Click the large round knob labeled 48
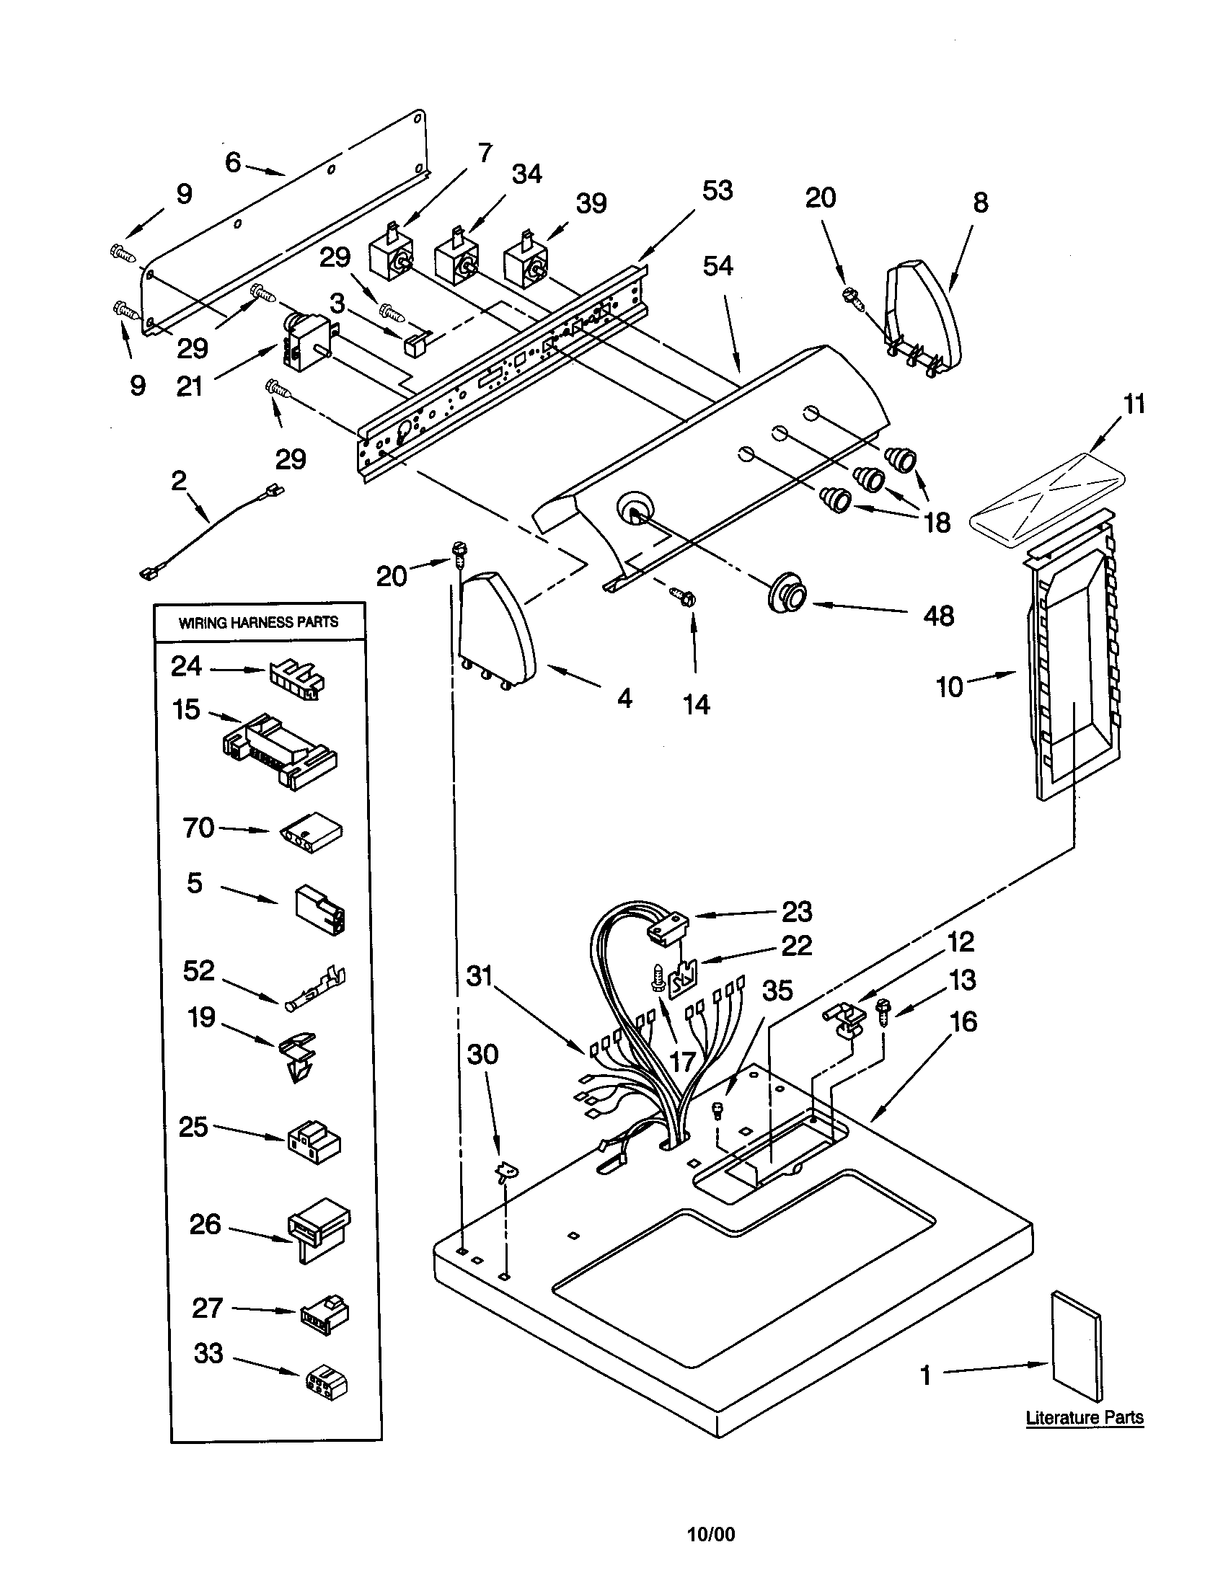tap(787, 593)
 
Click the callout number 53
tap(717, 191)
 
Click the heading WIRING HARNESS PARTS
tap(258, 622)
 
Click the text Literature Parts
tap(1085, 1417)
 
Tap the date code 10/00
tap(711, 1534)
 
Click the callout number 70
tap(198, 827)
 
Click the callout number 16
tap(963, 1022)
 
